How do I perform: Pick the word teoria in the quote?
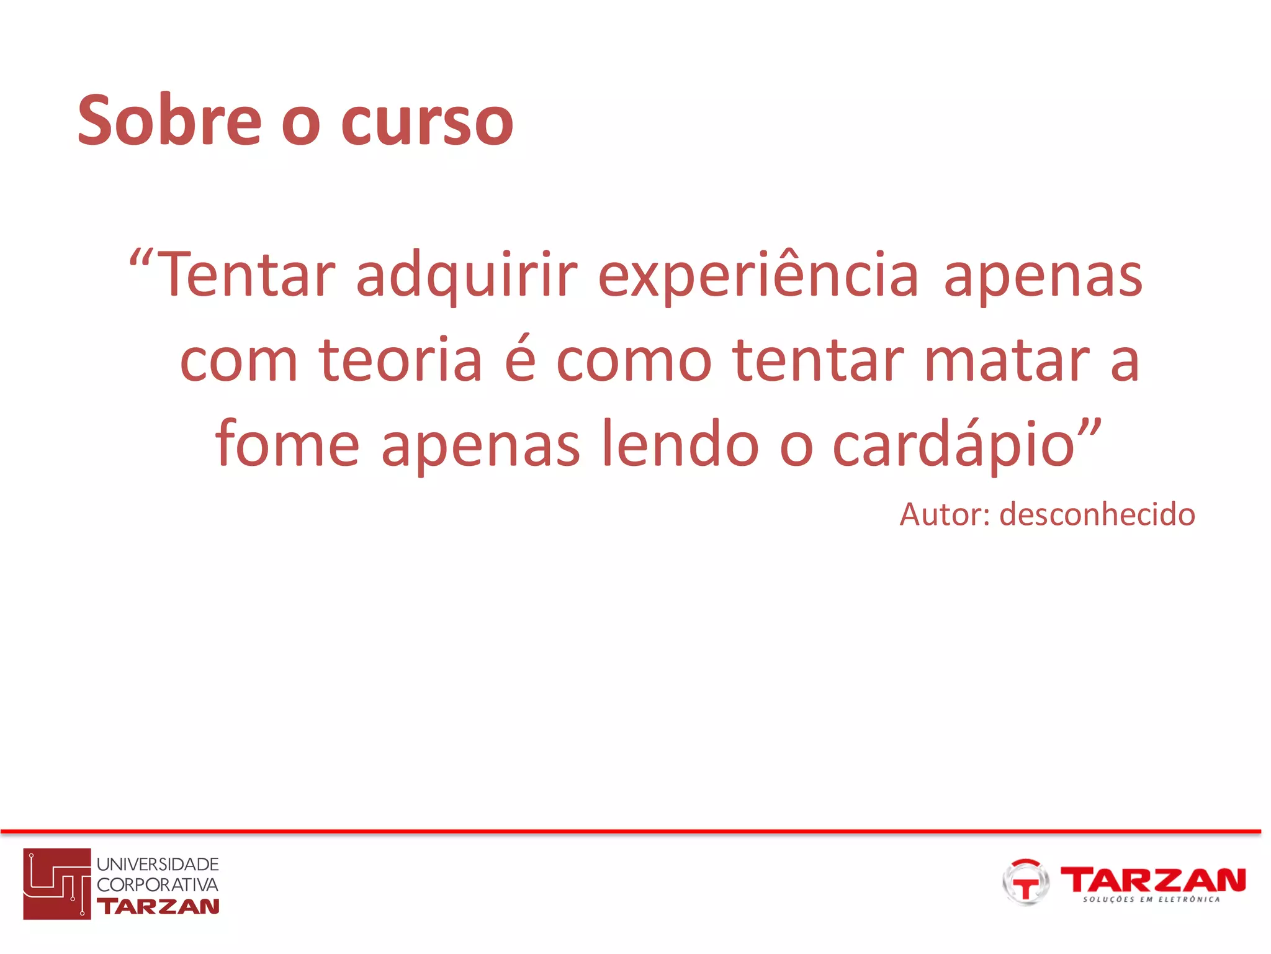point(400,360)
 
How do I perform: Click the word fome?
point(287,443)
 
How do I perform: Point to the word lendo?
point(680,443)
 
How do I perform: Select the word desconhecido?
point(1097,515)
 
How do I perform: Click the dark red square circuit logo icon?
point(57,883)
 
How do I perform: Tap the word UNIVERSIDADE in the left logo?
point(158,864)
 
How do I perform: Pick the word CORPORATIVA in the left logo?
point(158,884)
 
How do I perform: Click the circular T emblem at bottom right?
point(1025,883)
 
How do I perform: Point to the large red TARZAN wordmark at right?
point(1153,879)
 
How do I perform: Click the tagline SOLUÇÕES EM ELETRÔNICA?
point(1151,899)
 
